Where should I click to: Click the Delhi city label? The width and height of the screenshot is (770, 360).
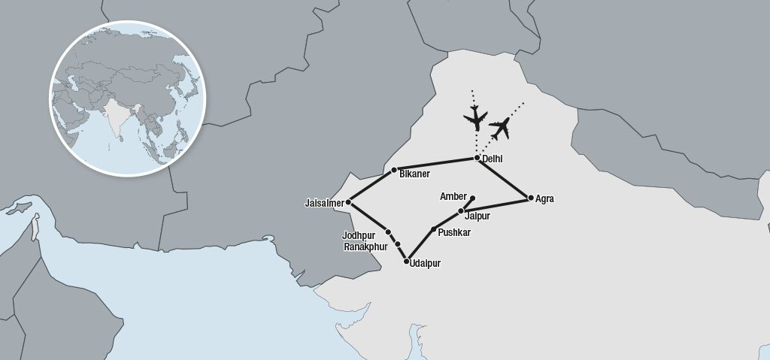(493, 159)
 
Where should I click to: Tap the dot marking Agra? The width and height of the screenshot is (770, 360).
(531, 198)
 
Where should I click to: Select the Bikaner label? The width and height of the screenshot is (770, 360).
(415, 174)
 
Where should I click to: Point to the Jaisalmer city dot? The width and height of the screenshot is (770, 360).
(350, 202)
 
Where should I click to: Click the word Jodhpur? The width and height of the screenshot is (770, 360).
(358, 234)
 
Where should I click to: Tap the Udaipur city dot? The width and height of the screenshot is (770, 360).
(406, 262)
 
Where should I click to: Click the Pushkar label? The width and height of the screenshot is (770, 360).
(454, 233)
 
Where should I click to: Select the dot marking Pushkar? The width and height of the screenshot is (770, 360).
(433, 228)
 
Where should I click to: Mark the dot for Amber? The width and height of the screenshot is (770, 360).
(472, 198)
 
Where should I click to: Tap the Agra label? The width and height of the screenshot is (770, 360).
(545, 199)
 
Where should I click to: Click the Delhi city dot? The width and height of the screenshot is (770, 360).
(477, 158)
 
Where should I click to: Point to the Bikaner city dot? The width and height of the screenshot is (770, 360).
(394, 170)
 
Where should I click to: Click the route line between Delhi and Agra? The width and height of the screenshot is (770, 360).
(504, 178)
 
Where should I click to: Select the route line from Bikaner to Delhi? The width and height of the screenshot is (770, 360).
(435, 164)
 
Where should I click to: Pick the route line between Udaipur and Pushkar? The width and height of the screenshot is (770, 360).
(420, 245)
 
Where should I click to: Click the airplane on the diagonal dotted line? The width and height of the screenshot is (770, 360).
(499, 129)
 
